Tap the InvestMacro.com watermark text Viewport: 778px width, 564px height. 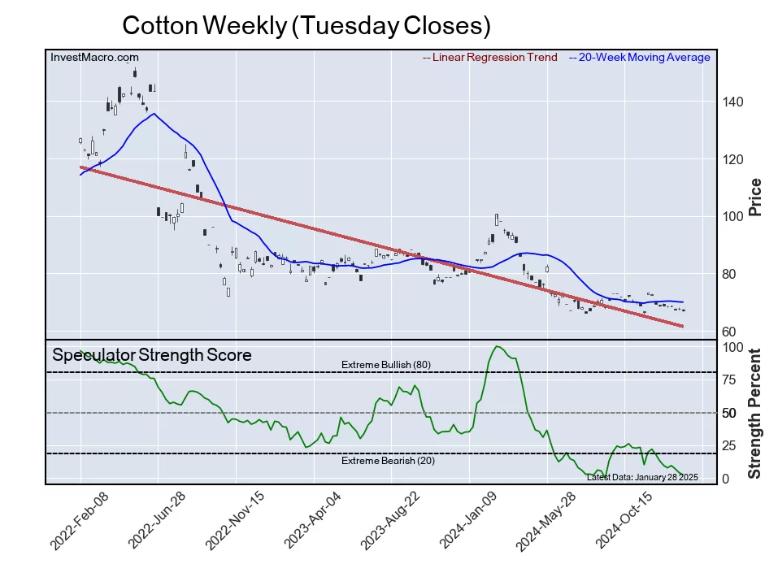(94, 57)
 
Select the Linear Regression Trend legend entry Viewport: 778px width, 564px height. (490, 57)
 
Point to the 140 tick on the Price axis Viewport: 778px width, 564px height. (734, 102)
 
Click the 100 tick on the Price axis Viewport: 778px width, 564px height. (734, 217)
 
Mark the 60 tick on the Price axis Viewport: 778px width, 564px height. (730, 332)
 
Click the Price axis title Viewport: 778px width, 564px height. (754, 197)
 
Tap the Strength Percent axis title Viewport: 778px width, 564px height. (754, 413)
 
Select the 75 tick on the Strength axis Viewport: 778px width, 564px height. (730, 380)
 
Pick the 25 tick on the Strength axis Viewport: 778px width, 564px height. (730, 445)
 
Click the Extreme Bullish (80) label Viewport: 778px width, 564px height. (386, 364)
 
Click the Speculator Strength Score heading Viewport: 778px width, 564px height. (151, 355)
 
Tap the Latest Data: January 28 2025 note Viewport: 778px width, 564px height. (642, 477)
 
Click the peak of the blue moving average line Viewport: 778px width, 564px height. (154, 114)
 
